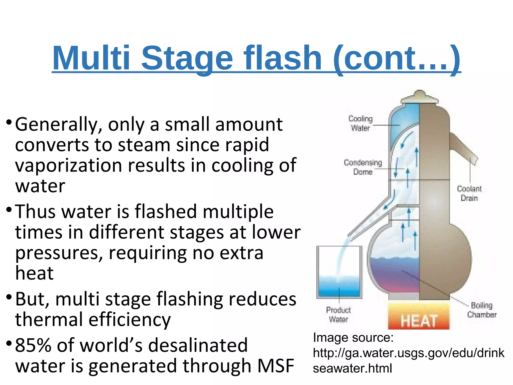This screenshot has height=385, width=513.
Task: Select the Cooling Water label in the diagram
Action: (x=360, y=123)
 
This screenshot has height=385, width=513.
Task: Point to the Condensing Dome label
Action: (x=363, y=167)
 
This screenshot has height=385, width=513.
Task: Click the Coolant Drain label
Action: (x=469, y=193)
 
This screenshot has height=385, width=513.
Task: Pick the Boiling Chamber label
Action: (x=482, y=310)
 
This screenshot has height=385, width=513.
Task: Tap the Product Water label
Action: (x=338, y=315)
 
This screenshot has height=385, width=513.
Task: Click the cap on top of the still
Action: (x=420, y=97)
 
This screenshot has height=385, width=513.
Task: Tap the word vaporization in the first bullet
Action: (x=68, y=166)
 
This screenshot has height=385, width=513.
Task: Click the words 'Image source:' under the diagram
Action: (x=353, y=338)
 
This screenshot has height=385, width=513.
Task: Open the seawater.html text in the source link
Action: (x=352, y=368)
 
